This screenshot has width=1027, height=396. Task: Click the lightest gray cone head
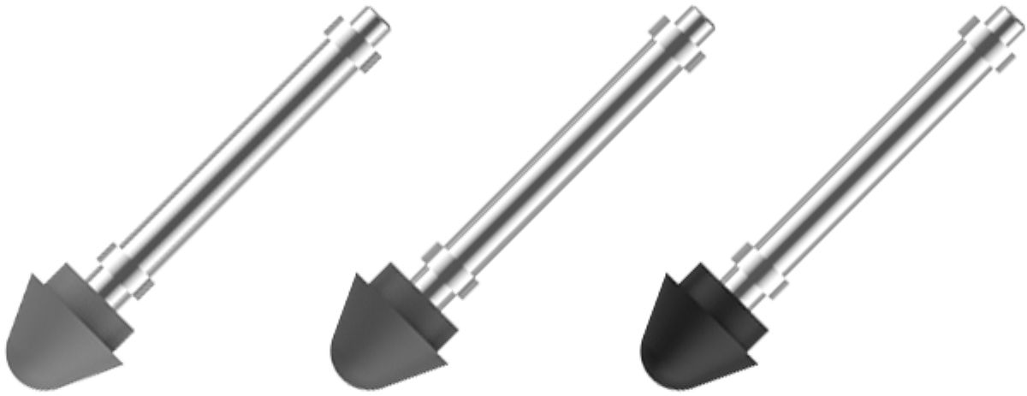64,329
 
